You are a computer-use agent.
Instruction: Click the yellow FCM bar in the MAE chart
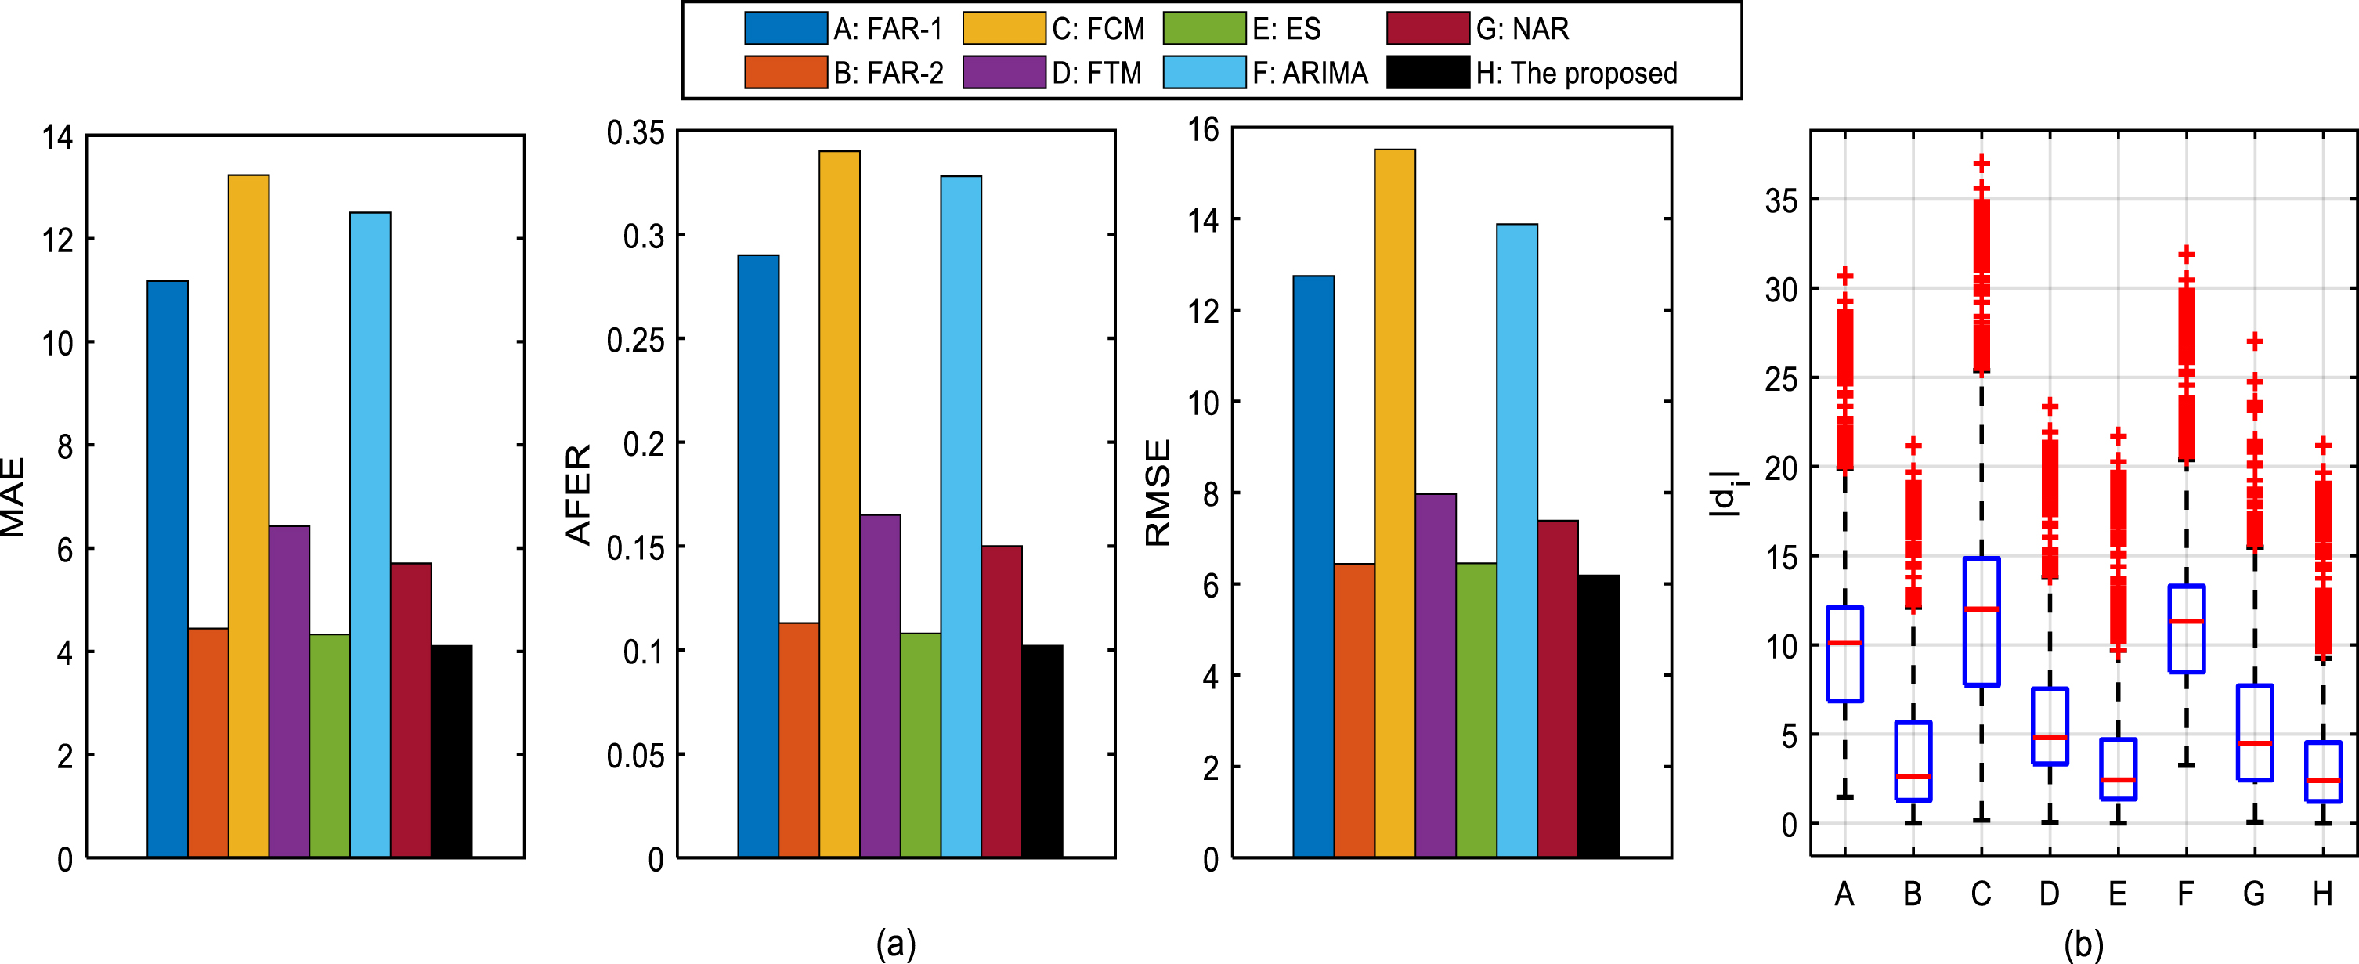point(248,515)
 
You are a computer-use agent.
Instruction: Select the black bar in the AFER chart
point(1042,751)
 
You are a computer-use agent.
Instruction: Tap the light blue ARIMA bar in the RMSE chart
point(1517,540)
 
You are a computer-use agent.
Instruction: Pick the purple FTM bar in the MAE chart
point(289,691)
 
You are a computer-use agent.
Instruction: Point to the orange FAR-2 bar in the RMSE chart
point(1354,710)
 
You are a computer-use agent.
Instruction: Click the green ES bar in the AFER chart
point(920,746)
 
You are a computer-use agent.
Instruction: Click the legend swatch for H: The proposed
point(1428,72)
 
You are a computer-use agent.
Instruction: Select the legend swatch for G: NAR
point(1428,28)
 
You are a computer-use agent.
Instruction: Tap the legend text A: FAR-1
point(887,29)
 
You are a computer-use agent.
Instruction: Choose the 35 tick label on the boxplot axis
point(1781,200)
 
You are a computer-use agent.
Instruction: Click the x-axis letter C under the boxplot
point(1981,894)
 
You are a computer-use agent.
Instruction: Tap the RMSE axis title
point(1158,493)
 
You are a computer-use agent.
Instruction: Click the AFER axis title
point(579,494)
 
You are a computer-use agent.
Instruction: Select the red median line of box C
point(1981,608)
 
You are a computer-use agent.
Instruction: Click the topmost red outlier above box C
point(1981,164)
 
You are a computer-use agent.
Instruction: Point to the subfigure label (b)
point(2083,944)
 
